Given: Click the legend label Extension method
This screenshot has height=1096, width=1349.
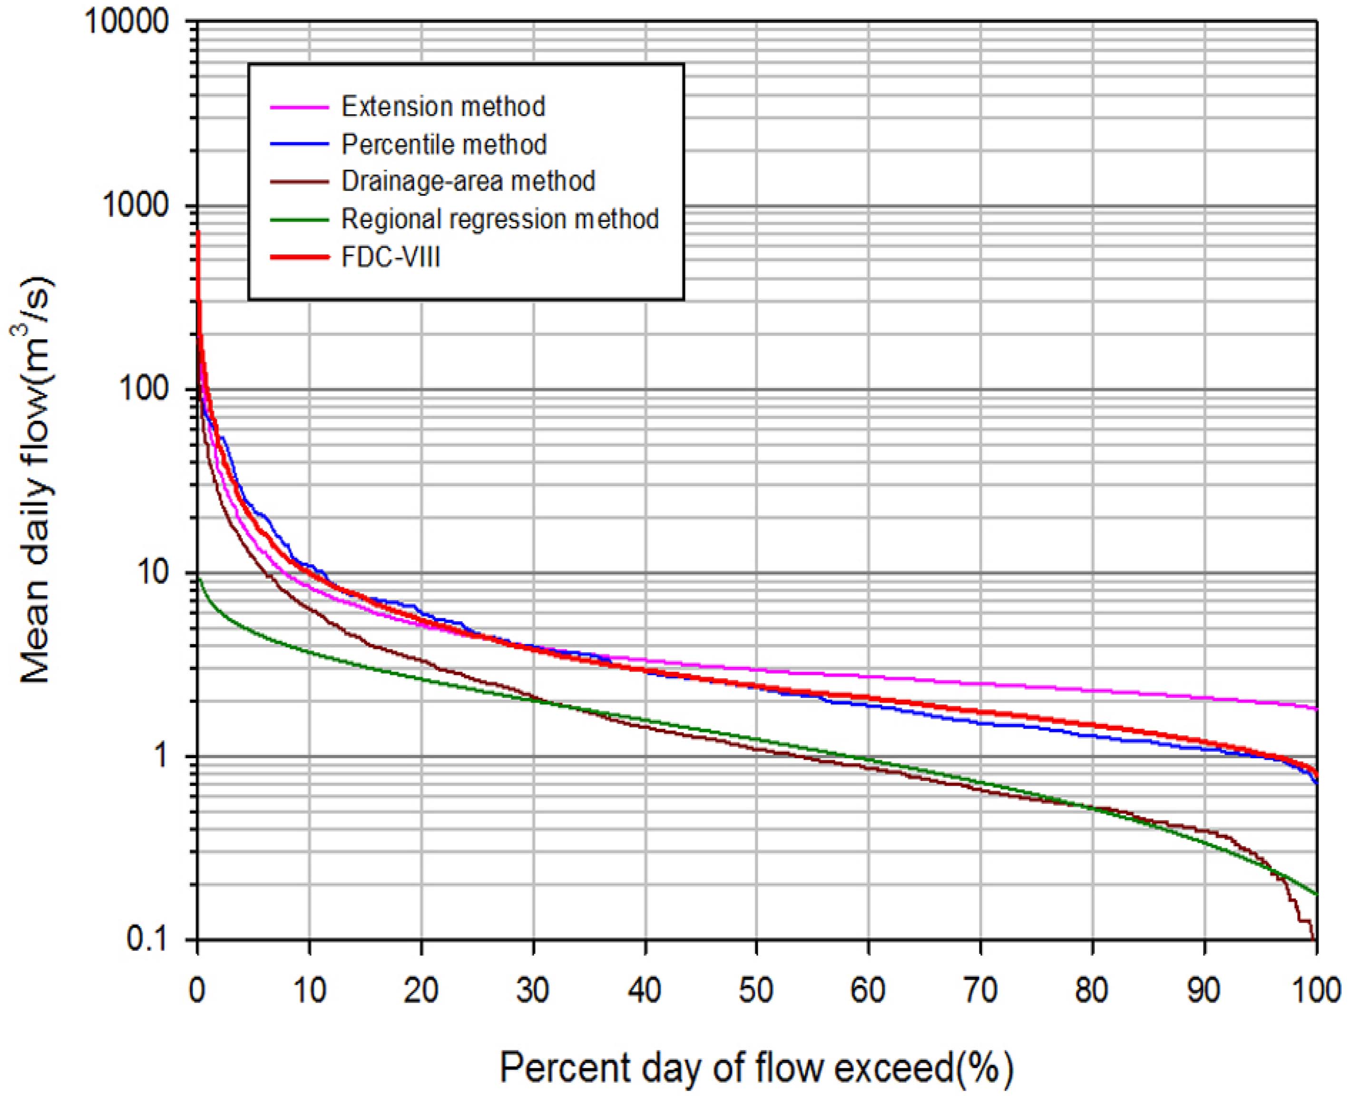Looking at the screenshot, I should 443,107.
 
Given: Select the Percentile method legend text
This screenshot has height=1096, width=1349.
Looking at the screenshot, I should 444,145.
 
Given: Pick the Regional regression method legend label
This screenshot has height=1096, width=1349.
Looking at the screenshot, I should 500,219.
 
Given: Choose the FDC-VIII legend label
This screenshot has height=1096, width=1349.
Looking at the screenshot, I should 391,257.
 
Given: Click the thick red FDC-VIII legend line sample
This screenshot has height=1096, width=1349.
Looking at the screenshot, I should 299,257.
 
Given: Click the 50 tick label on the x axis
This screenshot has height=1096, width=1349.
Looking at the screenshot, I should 756,990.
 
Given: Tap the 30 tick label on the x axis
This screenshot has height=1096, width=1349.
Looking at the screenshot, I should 533,990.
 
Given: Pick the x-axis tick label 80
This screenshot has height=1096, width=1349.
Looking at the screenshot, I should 1092,990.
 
